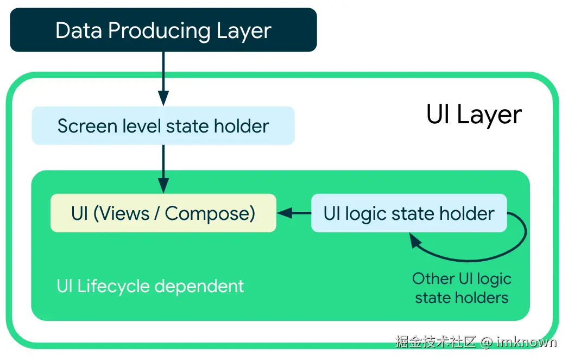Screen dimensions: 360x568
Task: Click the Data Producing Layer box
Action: click(x=163, y=30)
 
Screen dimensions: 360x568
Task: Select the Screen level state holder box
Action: click(x=163, y=126)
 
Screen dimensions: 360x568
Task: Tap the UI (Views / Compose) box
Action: click(x=163, y=213)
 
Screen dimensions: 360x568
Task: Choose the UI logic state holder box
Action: click(x=408, y=213)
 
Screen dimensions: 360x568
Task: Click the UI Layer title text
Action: click(x=474, y=115)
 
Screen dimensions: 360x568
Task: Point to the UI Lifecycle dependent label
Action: click(x=150, y=286)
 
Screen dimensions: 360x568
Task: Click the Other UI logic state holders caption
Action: click(x=462, y=288)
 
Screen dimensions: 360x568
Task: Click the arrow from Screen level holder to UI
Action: click(x=163, y=169)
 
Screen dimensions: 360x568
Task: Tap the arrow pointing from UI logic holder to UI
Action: click(x=293, y=213)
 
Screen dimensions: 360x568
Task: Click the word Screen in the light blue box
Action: click(x=82, y=126)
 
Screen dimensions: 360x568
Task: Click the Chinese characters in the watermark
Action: click(x=436, y=342)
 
